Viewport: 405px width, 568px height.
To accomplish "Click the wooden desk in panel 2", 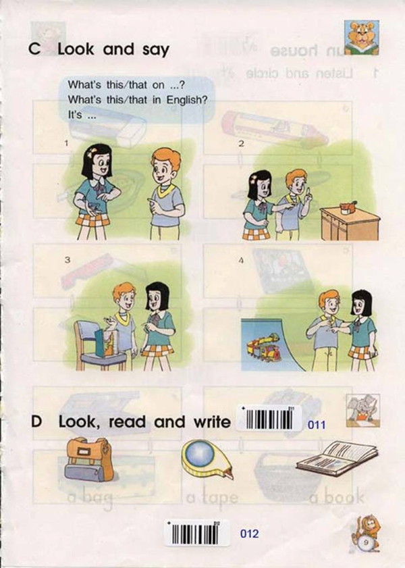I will coord(349,223).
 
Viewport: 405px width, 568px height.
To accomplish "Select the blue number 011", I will coord(317,425).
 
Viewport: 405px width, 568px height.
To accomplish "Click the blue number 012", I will coord(249,534).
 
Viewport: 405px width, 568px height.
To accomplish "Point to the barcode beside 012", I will coord(197,533).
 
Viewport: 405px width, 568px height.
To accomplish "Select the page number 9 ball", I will coord(365,541).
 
